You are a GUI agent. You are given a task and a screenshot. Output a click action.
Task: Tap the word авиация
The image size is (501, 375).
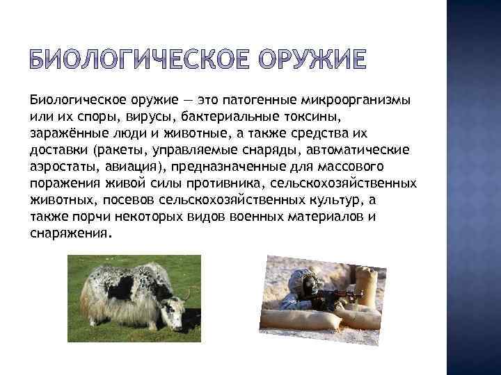(x=130, y=166)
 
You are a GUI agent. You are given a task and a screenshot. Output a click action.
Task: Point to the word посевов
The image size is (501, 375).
(x=131, y=200)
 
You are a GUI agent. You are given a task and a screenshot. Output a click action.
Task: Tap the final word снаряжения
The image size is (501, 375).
(x=70, y=234)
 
